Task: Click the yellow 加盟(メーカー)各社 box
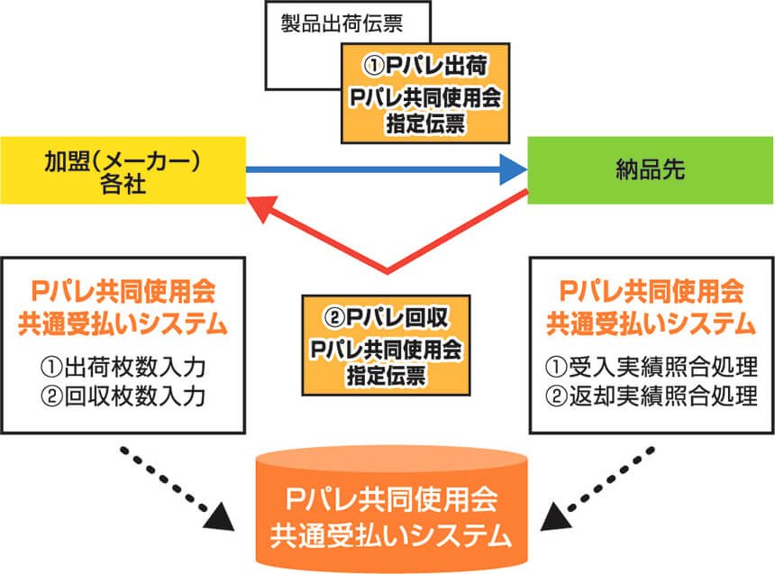click(x=123, y=170)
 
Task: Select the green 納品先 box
click(x=651, y=170)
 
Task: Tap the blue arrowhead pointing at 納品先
click(x=514, y=169)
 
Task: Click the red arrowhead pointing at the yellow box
click(x=262, y=207)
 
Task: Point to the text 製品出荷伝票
click(x=342, y=23)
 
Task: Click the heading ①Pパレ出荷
click(x=425, y=66)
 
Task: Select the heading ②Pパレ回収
click(x=386, y=317)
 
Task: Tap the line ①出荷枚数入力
click(x=123, y=367)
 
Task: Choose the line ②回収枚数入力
click(x=123, y=396)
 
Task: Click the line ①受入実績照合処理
click(x=652, y=367)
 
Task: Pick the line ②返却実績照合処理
click(x=652, y=396)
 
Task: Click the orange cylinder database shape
click(x=391, y=511)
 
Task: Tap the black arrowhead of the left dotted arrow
click(x=221, y=517)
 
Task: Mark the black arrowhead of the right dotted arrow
click(x=557, y=517)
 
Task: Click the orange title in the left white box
click(x=123, y=307)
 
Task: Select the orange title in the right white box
click(x=652, y=307)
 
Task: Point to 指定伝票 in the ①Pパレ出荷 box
click(x=425, y=123)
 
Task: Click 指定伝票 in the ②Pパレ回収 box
click(x=386, y=375)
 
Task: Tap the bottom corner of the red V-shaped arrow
click(x=387, y=271)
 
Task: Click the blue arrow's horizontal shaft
click(x=374, y=169)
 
